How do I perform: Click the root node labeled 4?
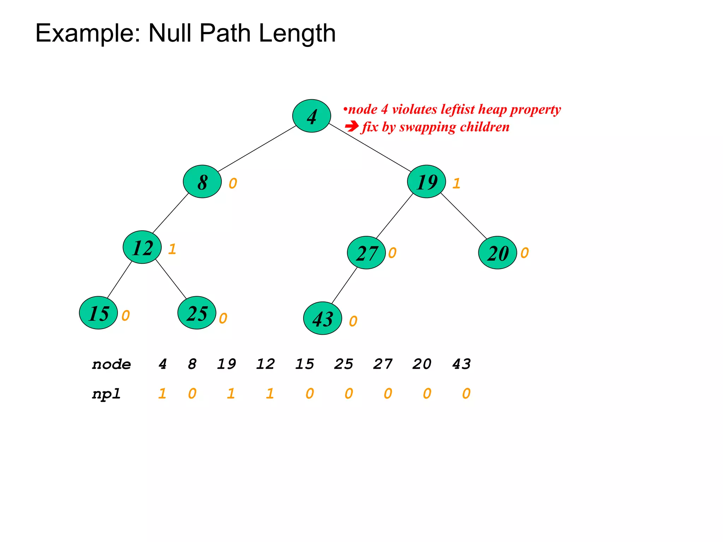[311, 116]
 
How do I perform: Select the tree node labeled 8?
[202, 181]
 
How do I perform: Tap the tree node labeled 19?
[426, 181]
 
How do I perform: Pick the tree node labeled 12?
[142, 247]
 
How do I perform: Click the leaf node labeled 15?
[98, 313]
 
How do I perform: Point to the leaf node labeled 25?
[197, 313]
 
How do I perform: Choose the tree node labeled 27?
[366, 253]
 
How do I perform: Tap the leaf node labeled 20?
[498, 253]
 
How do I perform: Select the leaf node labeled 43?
[323, 318]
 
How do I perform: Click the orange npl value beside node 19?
[456, 183]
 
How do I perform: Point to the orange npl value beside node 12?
[172, 249]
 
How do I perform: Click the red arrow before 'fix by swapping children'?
[352, 126]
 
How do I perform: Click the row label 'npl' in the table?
[106, 394]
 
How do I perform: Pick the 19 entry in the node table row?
[226, 364]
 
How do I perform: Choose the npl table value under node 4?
[162, 393]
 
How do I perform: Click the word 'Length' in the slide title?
[297, 33]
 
